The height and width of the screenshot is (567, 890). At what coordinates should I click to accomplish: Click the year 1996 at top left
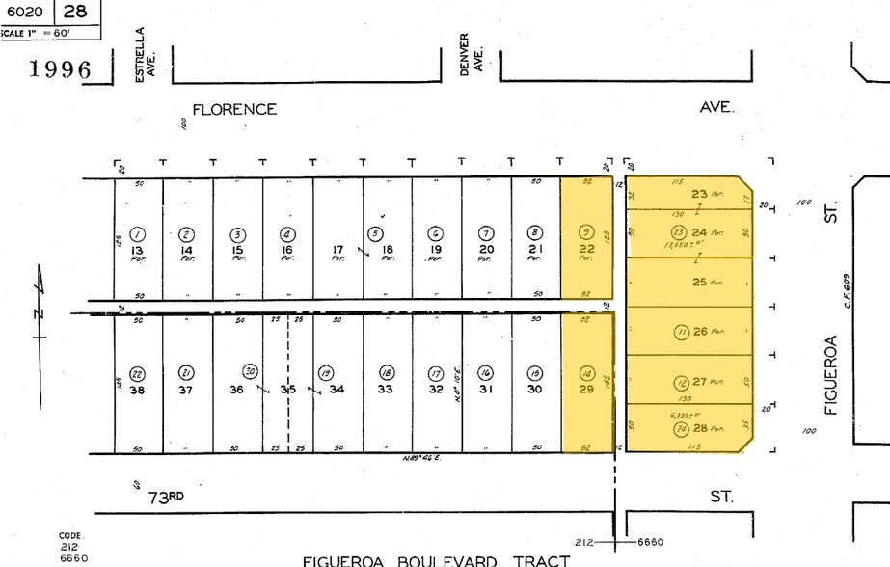[x=60, y=69]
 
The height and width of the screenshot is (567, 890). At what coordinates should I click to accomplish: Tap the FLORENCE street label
[x=234, y=109]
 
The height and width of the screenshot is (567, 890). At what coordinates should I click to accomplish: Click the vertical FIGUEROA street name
[x=831, y=374]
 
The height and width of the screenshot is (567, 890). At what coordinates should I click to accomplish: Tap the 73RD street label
[x=166, y=497]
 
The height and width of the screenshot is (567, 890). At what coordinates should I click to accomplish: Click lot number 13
[x=137, y=249]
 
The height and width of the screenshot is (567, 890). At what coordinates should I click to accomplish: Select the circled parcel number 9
[x=585, y=232]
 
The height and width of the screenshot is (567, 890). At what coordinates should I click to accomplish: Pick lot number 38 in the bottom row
[x=137, y=390]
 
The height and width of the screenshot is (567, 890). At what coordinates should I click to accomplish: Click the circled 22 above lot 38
[x=137, y=374]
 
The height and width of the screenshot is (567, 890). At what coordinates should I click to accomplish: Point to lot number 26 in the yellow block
[x=700, y=332]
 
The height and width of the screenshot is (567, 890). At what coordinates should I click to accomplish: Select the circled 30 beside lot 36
[x=251, y=371]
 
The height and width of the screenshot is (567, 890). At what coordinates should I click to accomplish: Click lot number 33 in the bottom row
[x=385, y=390]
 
